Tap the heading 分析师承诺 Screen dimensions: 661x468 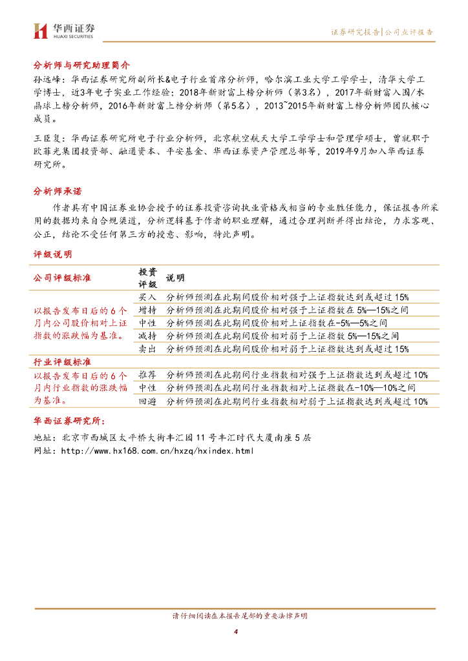[x=58, y=192]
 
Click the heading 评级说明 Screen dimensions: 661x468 [x=52, y=254]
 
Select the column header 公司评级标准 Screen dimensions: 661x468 [x=62, y=278]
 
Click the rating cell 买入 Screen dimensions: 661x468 [x=147, y=297]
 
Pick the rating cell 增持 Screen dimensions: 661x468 [x=147, y=310]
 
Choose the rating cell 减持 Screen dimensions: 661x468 [x=147, y=336]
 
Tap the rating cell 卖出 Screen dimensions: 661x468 [x=147, y=349]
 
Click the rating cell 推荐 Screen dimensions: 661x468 [x=147, y=375]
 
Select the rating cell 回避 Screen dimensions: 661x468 [x=147, y=401]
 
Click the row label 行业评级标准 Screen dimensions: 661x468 [x=62, y=361]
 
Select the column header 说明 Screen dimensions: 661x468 [x=175, y=278]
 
